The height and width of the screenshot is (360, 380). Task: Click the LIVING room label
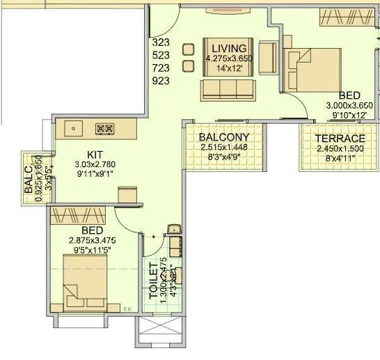225,48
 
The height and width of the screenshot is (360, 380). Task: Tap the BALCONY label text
224,137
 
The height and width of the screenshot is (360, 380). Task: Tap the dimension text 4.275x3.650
225,58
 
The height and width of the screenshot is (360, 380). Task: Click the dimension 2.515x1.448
224,148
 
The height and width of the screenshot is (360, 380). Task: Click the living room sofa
225,89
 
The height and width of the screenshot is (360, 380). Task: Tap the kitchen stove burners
104,128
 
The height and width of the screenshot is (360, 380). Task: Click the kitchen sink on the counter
73,128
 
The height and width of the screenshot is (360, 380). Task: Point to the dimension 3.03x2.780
95,164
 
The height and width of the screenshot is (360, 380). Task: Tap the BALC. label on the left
29,178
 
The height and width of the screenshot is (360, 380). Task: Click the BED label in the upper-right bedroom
349,95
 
